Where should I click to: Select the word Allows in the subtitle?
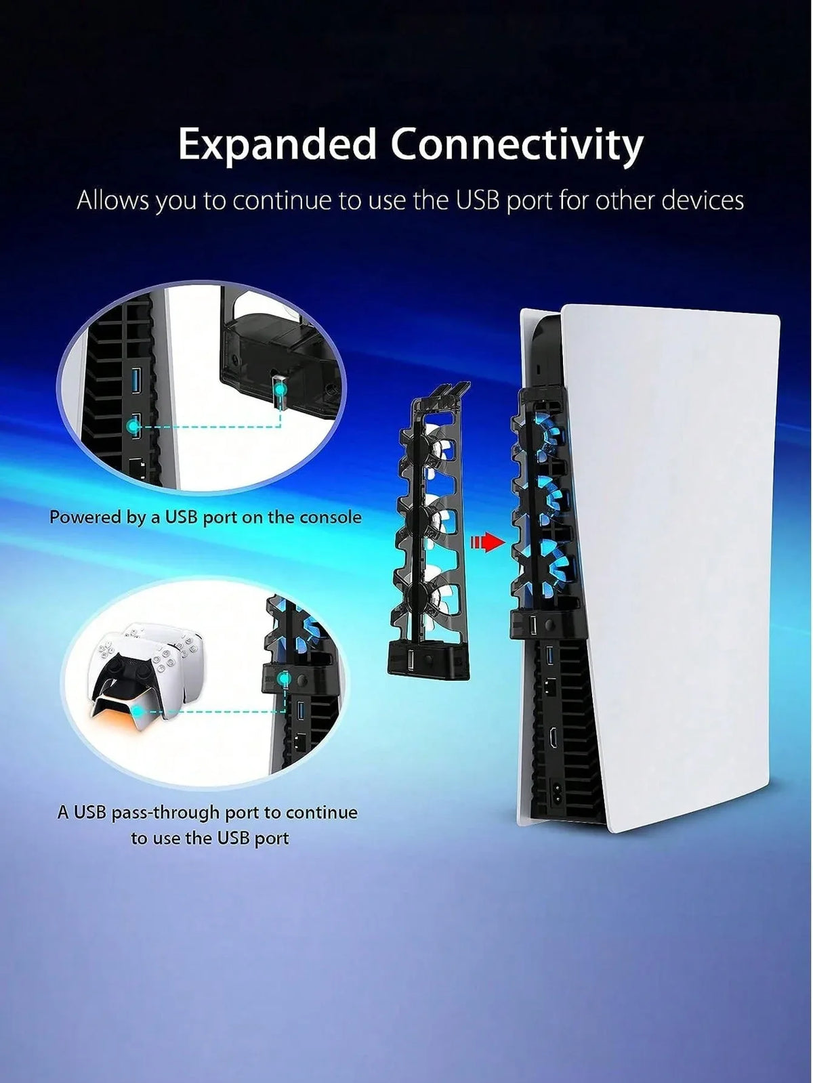tap(112, 200)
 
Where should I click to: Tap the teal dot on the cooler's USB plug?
tap(280, 390)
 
